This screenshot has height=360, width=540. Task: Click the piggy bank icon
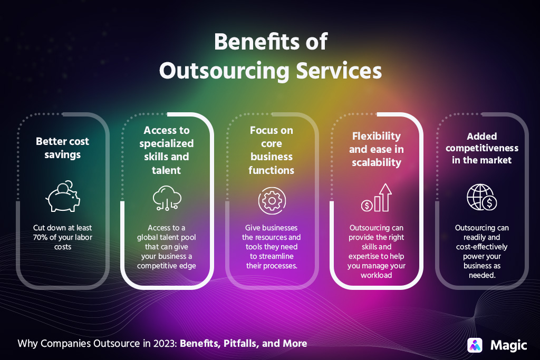coord(62,198)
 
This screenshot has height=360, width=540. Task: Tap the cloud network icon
coord(167,198)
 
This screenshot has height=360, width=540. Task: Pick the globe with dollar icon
coord(481,197)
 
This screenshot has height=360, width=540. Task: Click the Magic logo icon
coord(475,345)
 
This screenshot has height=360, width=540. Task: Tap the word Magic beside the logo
coord(508,345)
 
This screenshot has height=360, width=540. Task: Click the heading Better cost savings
coord(62,148)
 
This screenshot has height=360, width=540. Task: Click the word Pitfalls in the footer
coord(238,344)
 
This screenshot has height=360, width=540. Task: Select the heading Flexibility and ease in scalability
coord(377,149)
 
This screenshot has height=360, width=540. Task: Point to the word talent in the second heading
coord(166,170)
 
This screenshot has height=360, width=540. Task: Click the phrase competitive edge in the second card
coord(167,265)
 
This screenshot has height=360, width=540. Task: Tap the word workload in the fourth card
coord(377,275)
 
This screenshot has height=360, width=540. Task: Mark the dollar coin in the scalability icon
coord(366,206)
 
